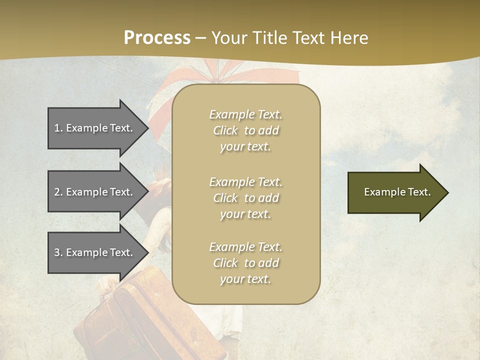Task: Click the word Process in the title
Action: click(x=157, y=38)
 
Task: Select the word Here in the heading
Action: click(x=349, y=38)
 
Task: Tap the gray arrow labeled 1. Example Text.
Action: click(x=95, y=128)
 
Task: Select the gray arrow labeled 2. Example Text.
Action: click(x=95, y=192)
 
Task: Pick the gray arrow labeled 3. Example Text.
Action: click(x=95, y=252)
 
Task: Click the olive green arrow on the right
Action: click(x=395, y=192)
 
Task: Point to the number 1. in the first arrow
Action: click(x=58, y=128)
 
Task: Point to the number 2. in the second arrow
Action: click(x=58, y=192)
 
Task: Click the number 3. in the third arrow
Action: click(x=58, y=252)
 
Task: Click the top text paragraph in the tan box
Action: click(x=245, y=130)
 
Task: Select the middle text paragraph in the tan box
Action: click(x=245, y=198)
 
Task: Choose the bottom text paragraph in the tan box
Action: click(x=245, y=263)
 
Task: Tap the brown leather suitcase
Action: click(x=125, y=315)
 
